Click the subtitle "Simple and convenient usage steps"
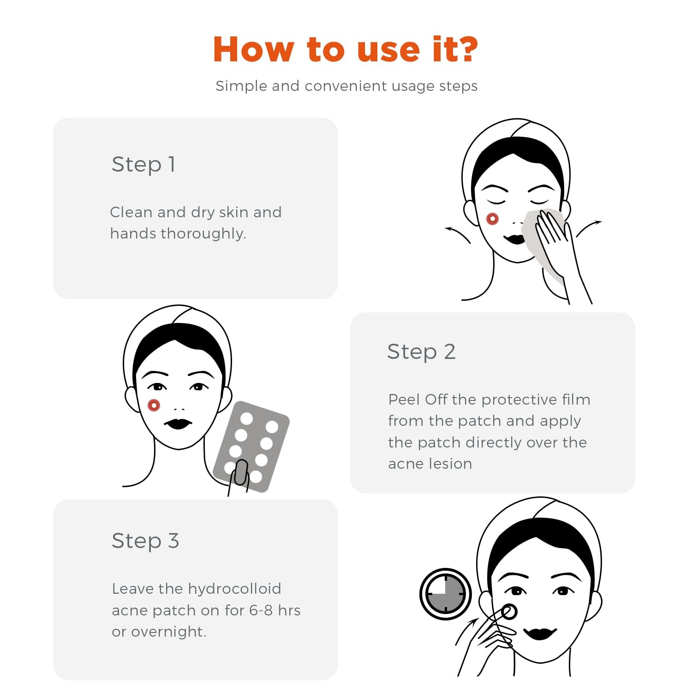click(346, 86)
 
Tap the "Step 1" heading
click(143, 164)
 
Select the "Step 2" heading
click(421, 352)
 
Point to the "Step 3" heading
click(145, 541)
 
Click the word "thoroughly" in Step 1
click(203, 233)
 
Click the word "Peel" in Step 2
click(404, 400)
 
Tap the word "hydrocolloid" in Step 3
click(234, 589)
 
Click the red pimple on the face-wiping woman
click(492, 219)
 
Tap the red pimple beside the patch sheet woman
click(154, 406)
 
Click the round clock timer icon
click(445, 594)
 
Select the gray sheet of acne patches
click(251, 445)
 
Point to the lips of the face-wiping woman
click(514, 239)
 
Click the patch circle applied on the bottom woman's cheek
click(509, 612)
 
